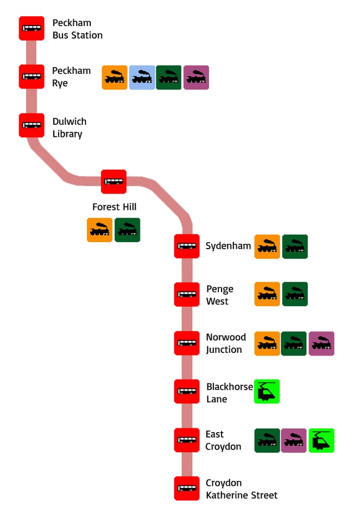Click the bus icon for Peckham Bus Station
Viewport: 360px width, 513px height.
(31, 28)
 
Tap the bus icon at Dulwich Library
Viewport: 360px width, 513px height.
(31, 125)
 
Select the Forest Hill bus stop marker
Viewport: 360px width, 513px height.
(113, 181)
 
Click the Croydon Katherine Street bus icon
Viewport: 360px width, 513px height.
(187, 488)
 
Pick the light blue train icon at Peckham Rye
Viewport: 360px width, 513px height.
(142, 78)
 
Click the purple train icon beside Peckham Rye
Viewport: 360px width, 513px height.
(196, 78)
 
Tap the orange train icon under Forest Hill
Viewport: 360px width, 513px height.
(100, 230)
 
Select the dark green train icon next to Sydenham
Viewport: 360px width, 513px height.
(295, 246)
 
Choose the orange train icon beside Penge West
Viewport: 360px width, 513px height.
(267, 294)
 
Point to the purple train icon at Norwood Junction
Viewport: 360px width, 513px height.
(321, 343)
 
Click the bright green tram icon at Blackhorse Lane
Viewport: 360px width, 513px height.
(267, 391)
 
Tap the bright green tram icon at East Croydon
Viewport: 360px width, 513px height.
(321, 440)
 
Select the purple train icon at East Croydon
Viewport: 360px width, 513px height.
(294, 440)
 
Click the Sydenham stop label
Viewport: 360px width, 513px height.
(228, 246)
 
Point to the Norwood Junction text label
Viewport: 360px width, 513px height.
(226, 343)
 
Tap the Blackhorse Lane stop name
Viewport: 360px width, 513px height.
(229, 392)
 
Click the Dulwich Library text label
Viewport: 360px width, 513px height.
(70, 128)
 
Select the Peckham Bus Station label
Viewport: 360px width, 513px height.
(77, 29)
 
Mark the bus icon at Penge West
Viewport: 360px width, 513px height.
(187, 294)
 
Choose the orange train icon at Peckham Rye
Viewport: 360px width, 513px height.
(115, 78)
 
